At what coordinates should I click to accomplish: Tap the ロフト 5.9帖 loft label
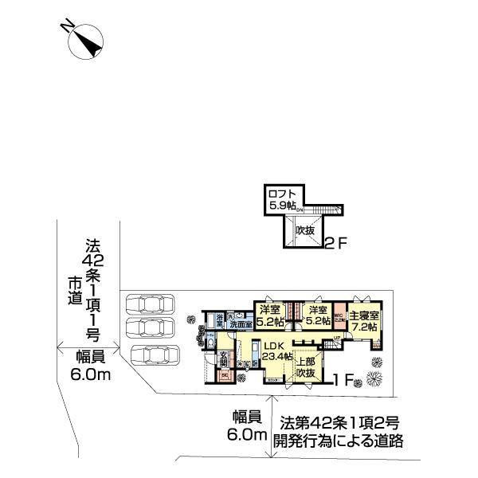[x=280, y=198]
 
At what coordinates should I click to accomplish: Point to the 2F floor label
[x=335, y=244]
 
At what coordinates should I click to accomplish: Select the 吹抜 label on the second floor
[x=304, y=230]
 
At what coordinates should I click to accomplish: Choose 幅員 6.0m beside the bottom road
[x=246, y=425]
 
